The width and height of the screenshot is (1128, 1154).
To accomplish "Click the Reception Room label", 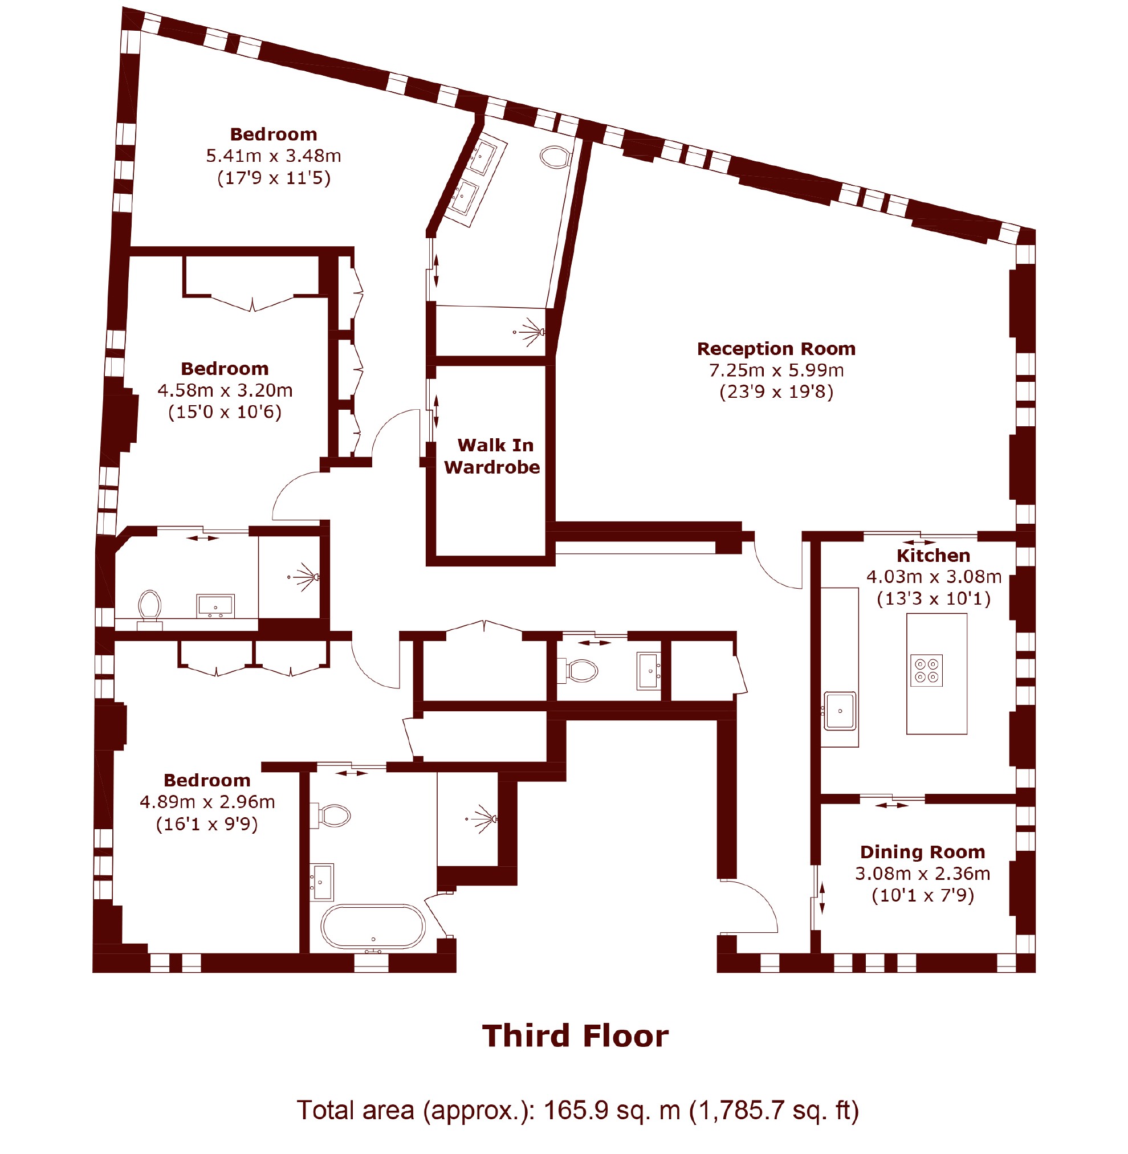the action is pyautogui.click(x=776, y=349).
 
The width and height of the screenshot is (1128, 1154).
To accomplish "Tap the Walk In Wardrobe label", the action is pyautogui.click(x=492, y=456).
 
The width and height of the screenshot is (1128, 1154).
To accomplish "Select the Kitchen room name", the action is pyautogui.click(x=933, y=556).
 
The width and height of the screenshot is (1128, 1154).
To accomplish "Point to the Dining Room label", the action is pyautogui.click(x=922, y=852).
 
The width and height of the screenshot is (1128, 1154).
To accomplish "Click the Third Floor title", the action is pyautogui.click(x=575, y=1036).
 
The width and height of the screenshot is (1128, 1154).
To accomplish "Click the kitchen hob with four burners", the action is pyautogui.click(x=927, y=671).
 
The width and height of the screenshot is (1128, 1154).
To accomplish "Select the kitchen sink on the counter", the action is pyautogui.click(x=840, y=711).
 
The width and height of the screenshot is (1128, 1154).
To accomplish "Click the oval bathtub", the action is pyautogui.click(x=373, y=926).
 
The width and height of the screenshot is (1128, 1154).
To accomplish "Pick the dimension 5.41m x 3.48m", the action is pyautogui.click(x=274, y=156).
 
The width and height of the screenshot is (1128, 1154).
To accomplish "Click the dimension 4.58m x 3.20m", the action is pyautogui.click(x=225, y=390).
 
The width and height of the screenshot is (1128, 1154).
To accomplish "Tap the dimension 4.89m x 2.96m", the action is pyautogui.click(x=207, y=802).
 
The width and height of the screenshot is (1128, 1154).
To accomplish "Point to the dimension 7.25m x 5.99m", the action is pyautogui.click(x=776, y=370).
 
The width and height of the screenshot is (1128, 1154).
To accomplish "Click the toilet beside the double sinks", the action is pyautogui.click(x=555, y=157).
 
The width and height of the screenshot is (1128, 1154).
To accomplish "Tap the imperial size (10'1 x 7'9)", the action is pyautogui.click(x=922, y=895).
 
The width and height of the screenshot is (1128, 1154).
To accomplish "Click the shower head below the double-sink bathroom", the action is pyautogui.click(x=530, y=332).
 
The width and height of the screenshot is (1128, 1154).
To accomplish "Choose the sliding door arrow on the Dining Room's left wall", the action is pyautogui.click(x=822, y=898).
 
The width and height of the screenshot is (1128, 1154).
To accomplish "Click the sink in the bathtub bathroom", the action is pyautogui.click(x=321, y=882).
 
